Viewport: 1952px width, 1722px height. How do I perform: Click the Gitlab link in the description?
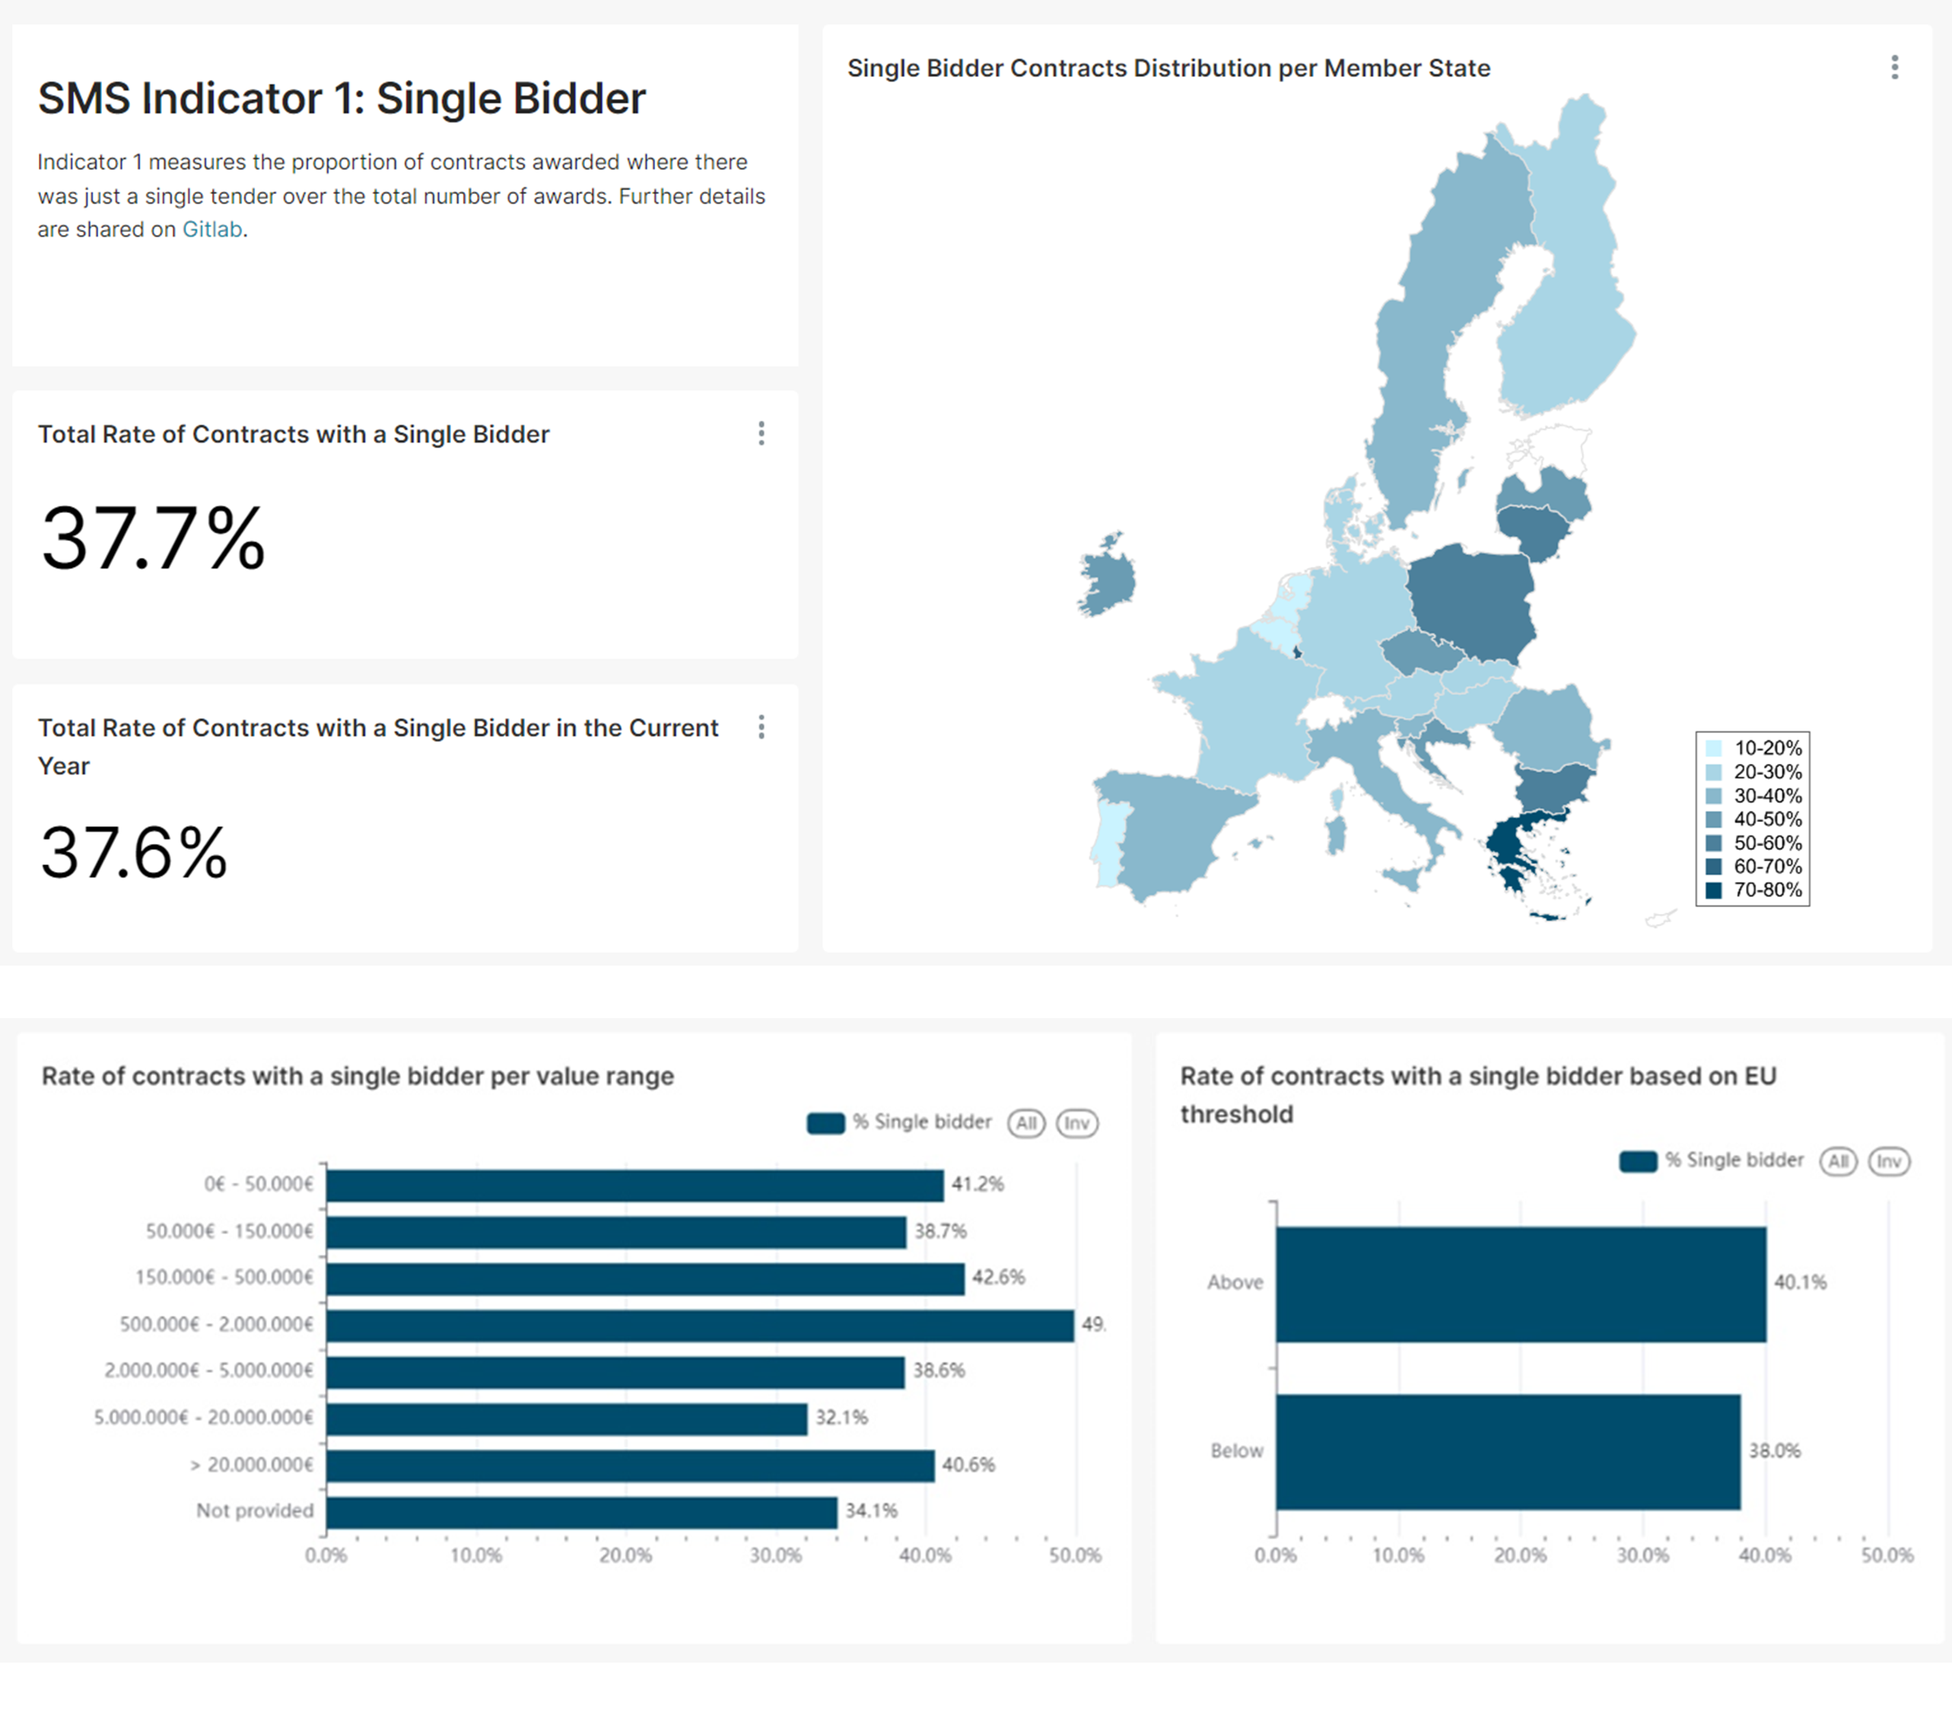212,229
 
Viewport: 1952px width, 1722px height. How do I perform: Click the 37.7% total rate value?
153,539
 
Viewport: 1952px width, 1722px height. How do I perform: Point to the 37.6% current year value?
134,853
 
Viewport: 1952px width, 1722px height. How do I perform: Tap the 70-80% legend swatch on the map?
1714,890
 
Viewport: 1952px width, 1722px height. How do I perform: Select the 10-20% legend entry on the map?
1766,748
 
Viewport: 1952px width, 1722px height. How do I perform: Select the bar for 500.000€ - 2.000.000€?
699,1326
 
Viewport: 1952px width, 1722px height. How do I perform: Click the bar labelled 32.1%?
566,1419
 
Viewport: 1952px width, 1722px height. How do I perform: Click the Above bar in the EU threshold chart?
1521,1284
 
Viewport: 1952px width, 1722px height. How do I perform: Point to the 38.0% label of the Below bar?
1774,1451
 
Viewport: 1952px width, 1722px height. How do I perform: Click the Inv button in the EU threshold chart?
1888,1161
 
